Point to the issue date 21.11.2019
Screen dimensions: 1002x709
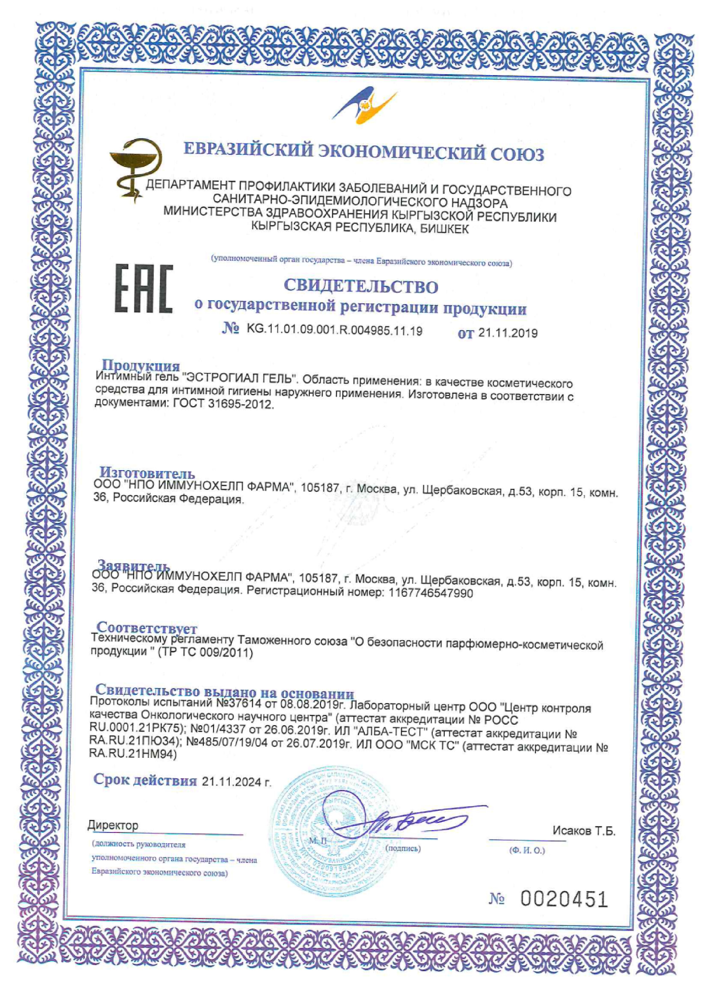[x=508, y=333]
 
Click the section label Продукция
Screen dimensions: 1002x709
[x=141, y=365]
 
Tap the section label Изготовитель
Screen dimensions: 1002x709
[x=147, y=473]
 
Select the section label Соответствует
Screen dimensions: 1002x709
[x=147, y=628]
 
